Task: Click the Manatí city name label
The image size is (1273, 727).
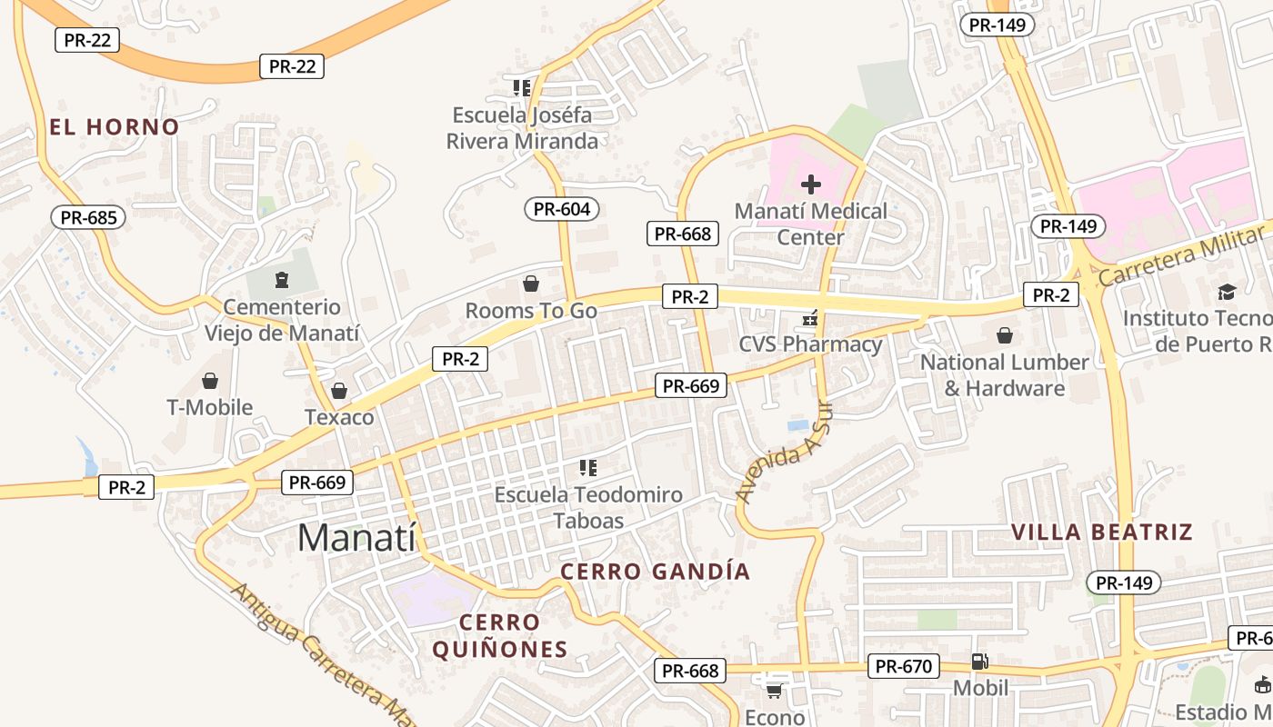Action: [356, 538]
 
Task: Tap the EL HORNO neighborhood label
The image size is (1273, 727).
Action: [115, 127]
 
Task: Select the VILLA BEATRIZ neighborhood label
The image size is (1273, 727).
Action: [1102, 532]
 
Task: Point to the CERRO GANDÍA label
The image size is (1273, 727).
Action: [655, 572]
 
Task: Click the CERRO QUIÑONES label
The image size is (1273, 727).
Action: [499, 636]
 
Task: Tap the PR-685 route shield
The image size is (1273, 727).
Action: [88, 217]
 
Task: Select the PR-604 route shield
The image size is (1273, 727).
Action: [562, 209]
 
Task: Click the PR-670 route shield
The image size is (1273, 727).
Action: [904, 667]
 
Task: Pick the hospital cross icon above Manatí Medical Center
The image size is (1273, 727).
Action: [810, 185]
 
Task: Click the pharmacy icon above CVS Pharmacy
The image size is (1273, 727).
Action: [809, 319]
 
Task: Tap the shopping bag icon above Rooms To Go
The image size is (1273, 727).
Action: [531, 284]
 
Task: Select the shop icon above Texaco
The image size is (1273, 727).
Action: [339, 392]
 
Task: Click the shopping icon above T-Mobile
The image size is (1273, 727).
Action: [210, 381]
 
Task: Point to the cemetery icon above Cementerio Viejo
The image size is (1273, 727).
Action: [281, 279]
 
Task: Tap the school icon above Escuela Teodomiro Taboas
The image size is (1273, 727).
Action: [587, 468]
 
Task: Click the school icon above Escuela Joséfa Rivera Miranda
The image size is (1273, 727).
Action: [522, 88]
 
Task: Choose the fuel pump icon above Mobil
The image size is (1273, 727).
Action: [979, 662]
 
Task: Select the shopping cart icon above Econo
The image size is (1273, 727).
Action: [774, 692]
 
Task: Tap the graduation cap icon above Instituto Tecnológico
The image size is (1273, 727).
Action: [1227, 292]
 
